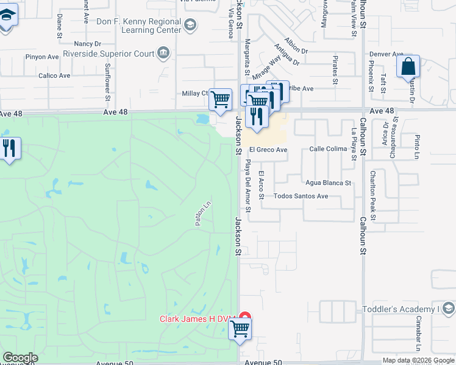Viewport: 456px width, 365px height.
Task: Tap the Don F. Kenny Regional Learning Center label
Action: click(x=140, y=26)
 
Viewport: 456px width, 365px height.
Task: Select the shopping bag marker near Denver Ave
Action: click(x=408, y=67)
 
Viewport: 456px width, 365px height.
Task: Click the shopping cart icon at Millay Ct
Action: click(x=220, y=99)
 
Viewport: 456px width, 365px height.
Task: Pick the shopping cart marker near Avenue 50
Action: click(x=240, y=329)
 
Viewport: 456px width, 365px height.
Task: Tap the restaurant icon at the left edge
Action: click(x=9, y=148)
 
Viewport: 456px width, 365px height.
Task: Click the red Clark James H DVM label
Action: click(x=198, y=319)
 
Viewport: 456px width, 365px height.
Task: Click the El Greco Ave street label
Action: click(x=267, y=150)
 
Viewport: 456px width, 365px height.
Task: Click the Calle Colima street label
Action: click(x=328, y=148)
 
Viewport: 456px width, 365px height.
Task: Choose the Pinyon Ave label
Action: click(x=42, y=57)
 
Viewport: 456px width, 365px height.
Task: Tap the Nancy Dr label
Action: click(x=87, y=44)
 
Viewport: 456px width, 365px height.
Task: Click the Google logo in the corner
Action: click(x=20, y=358)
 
